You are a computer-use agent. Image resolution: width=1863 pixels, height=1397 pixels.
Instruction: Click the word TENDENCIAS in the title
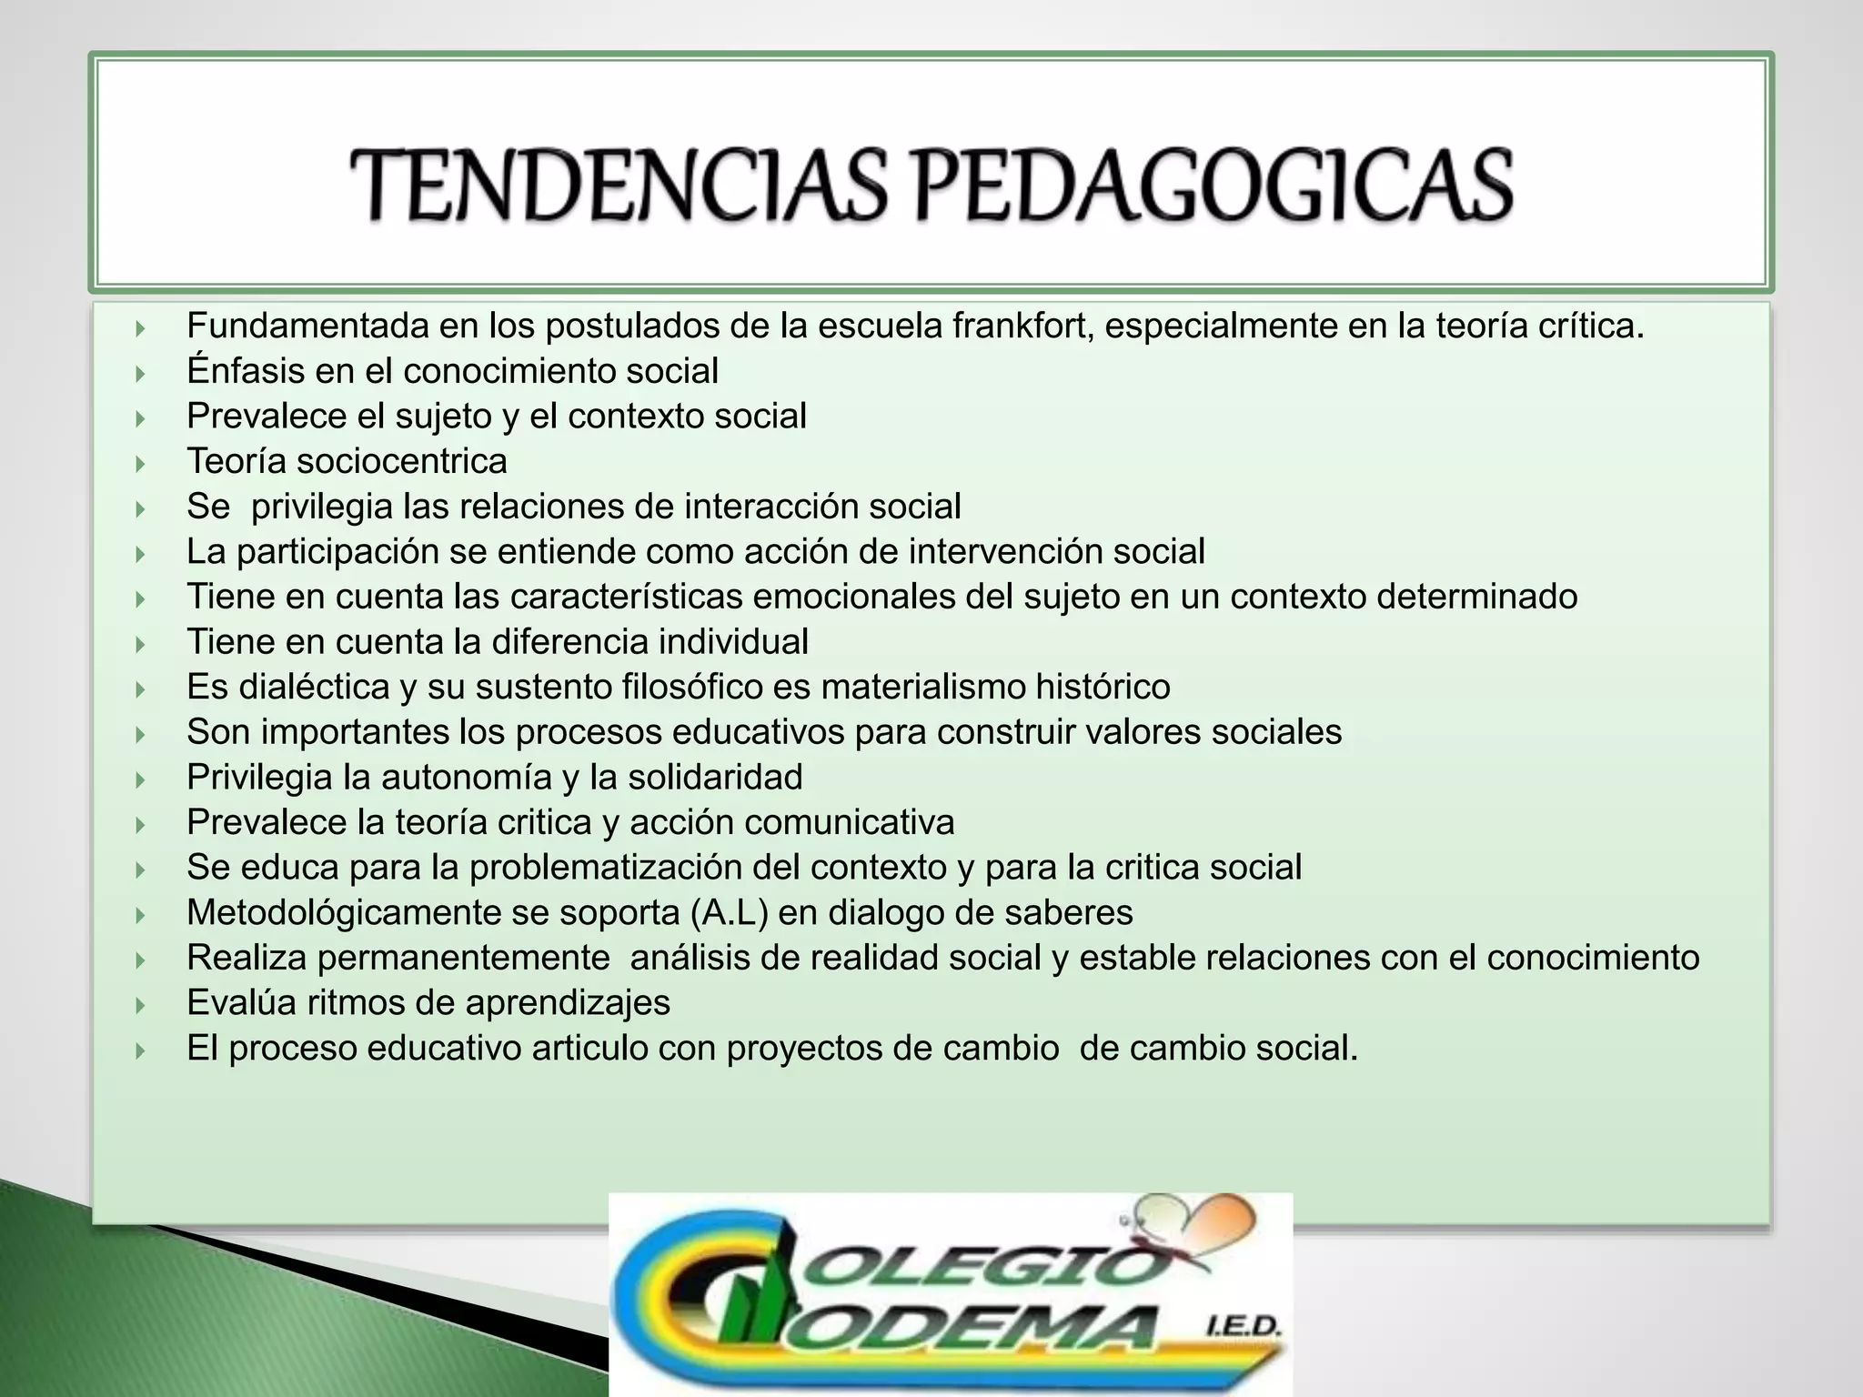tap(619, 186)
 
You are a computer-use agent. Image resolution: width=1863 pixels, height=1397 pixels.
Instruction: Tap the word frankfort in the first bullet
tap(1022, 326)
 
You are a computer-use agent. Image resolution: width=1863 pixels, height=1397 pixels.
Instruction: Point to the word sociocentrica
tap(401, 461)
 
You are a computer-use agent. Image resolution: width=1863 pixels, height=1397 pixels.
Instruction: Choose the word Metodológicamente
tap(343, 912)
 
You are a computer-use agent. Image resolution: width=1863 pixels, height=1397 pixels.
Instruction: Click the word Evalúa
tap(241, 1003)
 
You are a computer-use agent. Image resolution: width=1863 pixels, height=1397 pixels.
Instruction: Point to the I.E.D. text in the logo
tap(1241, 1330)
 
